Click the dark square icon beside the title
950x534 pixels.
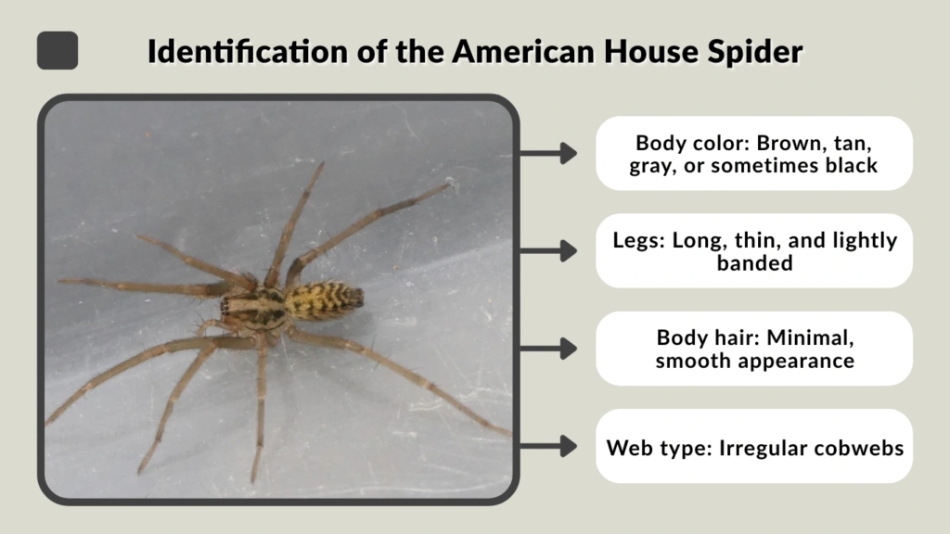click(58, 50)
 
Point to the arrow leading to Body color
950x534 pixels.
click(555, 153)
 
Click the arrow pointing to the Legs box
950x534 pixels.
click(555, 250)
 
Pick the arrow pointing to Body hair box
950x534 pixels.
click(555, 349)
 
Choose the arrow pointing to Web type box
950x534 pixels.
click(555, 446)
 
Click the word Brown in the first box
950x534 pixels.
click(790, 144)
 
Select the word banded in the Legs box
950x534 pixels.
click(755, 263)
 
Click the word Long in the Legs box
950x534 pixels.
click(687, 241)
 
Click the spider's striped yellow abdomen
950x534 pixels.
click(325, 299)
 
